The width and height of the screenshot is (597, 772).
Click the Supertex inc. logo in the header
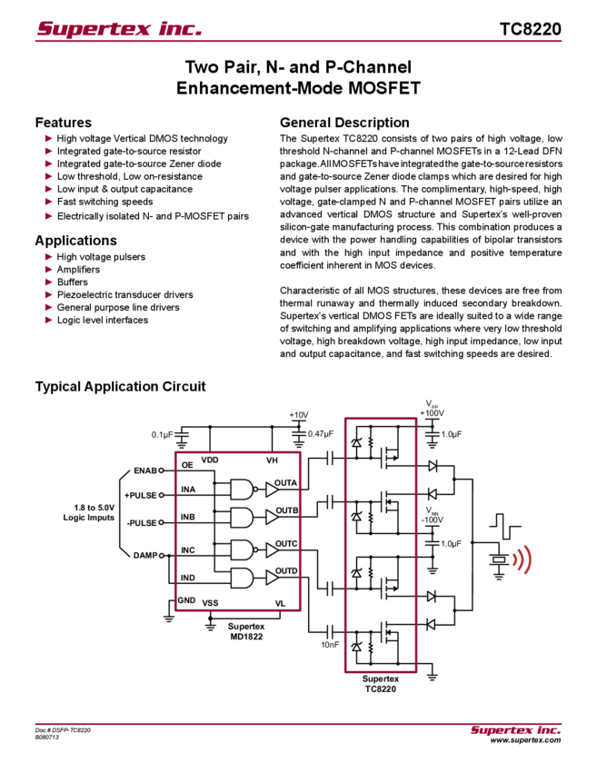click(119, 29)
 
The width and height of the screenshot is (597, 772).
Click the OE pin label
click(187, 466)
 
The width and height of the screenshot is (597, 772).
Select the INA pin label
click(187, 490)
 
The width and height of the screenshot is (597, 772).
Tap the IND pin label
click(187, 578)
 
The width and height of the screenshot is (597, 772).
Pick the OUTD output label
click(285, 570)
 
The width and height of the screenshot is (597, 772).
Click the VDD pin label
click(210, 460)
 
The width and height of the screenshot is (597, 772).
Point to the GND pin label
click(186, 600)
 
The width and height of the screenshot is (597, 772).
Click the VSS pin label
click(210, 603)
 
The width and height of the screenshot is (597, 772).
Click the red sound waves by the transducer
click(522, 559)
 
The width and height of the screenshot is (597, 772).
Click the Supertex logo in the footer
click(515, 729)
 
